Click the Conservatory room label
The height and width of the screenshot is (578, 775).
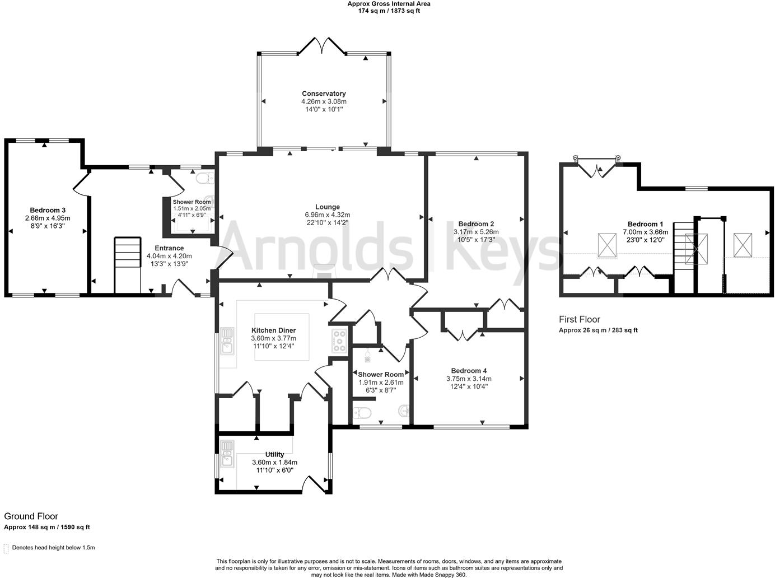click(324, 94)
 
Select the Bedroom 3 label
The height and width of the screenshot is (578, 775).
click(48, 210)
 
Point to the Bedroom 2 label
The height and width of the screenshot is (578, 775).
click(475, 223)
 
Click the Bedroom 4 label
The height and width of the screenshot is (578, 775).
click(469, 370)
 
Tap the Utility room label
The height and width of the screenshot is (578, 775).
click(274, 454)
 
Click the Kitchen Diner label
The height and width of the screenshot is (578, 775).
click(273, 330)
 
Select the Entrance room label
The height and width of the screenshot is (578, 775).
click(169, 248)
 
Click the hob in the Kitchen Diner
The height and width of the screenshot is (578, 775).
click(339, 341)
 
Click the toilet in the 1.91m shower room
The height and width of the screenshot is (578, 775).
click(362, 413)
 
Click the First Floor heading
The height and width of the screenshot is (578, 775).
click(579, 319)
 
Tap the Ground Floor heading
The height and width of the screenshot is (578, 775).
click(31, 516)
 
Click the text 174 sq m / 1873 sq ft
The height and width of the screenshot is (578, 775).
click(389, 11)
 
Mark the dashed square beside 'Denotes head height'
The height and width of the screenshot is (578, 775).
click(6, 548)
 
